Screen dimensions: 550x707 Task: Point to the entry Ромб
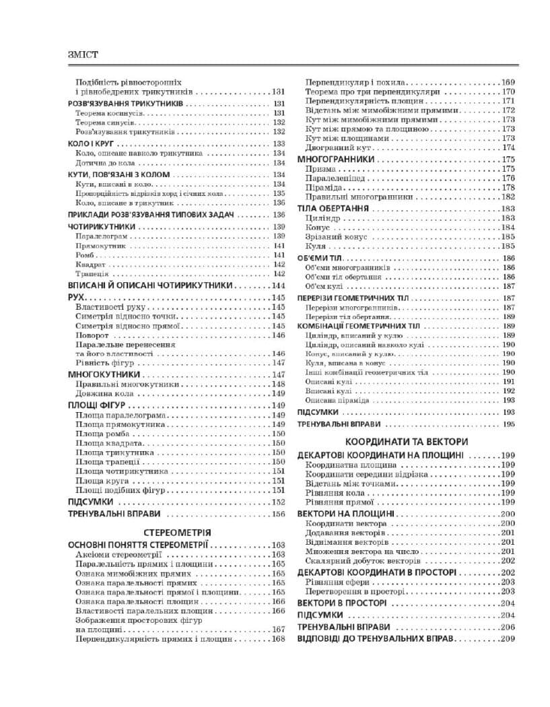coord(85,256)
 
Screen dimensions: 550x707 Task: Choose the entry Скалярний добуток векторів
coord(364,560)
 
